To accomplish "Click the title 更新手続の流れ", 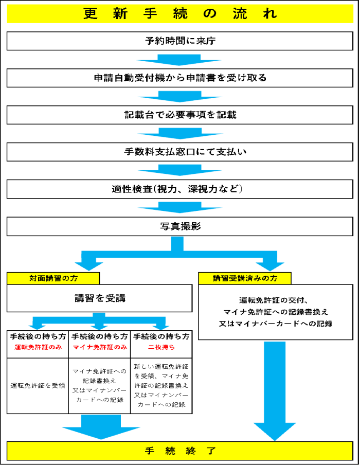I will pyautogui.click(x=180, y=14).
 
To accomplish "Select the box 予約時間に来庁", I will pyautogui.click(x=180, y=41).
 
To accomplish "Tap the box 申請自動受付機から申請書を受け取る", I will pyautogui.click(x=180, y=78).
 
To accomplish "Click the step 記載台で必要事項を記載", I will pyautogui.click(x=180, y=115).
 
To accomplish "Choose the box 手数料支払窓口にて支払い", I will pyautogui.click(x=180, y=152).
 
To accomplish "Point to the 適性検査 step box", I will pyautogui.click(x=180, y=189).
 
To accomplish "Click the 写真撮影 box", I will pyautogui.click(x=180, y=226).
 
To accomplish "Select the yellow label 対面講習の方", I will pyautogui.click(x=53, y=278).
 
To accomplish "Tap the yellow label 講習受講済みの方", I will pyautogui.click(x=244, y=278).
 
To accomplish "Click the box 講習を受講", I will pyautogui.click(x=99, y=298).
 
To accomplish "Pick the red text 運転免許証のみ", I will pyautogui.click(x=38, y=348).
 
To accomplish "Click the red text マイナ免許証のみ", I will pyautogui.click(x=99, y=348).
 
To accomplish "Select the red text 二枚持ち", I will pyautogui.click(x=161, y=348).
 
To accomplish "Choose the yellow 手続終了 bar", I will pyautogui.click(x=180, y=451).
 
